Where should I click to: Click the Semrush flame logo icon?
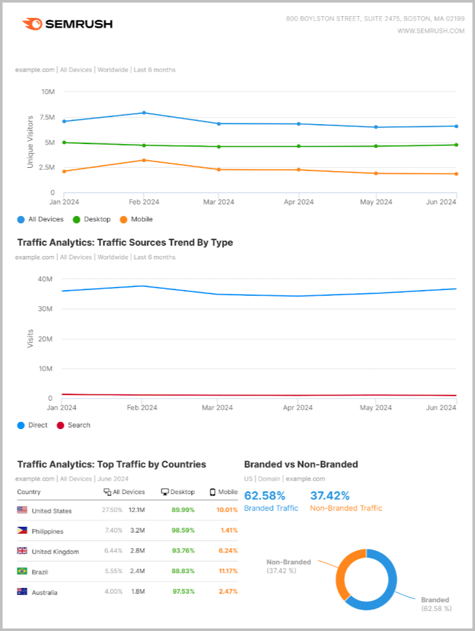tap(33, 24)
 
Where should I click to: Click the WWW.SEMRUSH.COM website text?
tap(431, 30)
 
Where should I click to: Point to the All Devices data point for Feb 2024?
tap(144, 113)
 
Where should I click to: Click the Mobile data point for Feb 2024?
tap(144, 160)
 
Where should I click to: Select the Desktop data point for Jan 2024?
tap(64, 142)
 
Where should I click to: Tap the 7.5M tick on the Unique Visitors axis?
tap(46, 117)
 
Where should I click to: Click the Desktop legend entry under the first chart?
tap(92, 219)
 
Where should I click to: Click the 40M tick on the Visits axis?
tap(44, 279)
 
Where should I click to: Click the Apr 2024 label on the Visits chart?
tap(298, 407)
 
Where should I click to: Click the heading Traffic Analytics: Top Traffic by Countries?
tap(111, 464)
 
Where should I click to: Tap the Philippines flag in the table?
tap(23, 531)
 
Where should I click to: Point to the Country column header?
tap(29, 492)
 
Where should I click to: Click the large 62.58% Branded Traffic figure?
tap(265, 496)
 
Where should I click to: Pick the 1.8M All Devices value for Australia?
tap(136, 592)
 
